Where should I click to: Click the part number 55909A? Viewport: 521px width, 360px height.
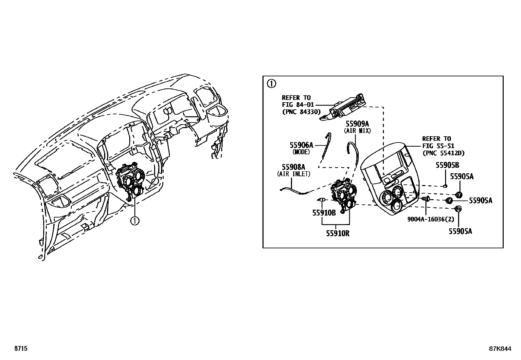(357, 124)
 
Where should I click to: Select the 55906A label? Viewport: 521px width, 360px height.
(301, 145)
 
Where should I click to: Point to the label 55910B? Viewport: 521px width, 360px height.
(324, 213)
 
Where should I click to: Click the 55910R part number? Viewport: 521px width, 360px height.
(337, 233)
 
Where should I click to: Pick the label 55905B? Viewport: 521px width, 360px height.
(447, 165)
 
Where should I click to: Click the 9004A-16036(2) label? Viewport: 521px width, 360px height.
(426, 219)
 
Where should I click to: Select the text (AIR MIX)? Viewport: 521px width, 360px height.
(357, 131)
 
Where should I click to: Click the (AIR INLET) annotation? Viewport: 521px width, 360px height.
(293, 174)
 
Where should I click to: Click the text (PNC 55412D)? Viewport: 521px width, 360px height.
(443, 153)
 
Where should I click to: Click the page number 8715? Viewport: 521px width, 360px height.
(20, 349)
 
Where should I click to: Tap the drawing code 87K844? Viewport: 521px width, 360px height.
(500, 349)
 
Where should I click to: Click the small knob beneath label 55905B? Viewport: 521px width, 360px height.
(445, 186)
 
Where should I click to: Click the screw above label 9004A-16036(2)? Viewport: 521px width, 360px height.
(426, 199)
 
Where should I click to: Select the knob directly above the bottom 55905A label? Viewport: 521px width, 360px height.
(458, 208)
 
